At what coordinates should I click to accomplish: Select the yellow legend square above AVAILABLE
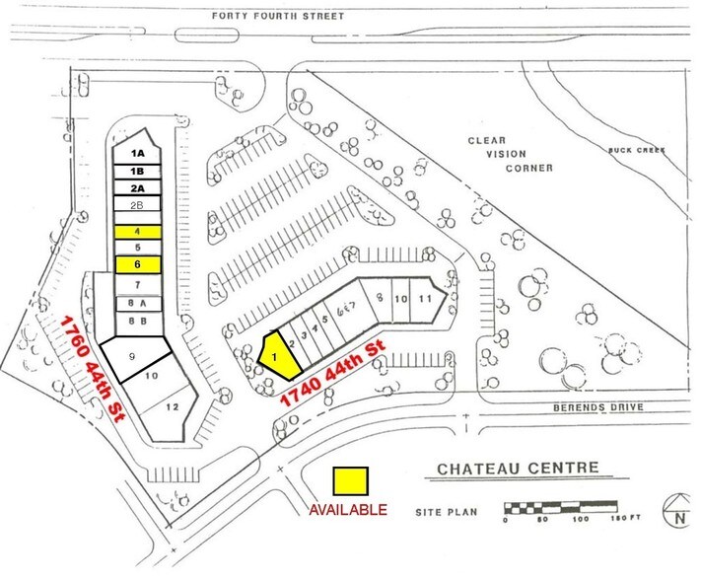point(350,480)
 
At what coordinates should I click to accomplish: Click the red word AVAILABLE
point(348,510)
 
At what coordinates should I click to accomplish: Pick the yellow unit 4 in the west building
point(139,230)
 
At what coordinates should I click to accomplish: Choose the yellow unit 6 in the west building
point(139,264)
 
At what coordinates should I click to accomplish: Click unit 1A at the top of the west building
point(139,154)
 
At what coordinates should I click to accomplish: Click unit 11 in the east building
point(425,297)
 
